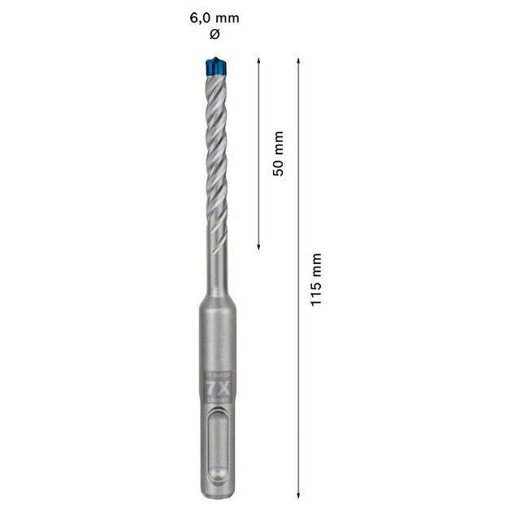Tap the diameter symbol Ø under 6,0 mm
pyautogui.click(x=215, y=33)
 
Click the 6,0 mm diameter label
pyautogui.click(x=215, y=17)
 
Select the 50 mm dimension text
pyautogui.click(x=278, y=154)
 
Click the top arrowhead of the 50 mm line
pyautogui.click(x=258, y=62)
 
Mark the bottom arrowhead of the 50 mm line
pyautogui.click(x=258, y=245)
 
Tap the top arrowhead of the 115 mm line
pyautogui.click(x=299, y=62)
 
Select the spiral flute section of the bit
pyautogui.click(x=215, y=154)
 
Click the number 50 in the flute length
pyautogui.click(x=278, y=168)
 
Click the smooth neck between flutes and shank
pyautogui.click(x=215, y=268)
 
